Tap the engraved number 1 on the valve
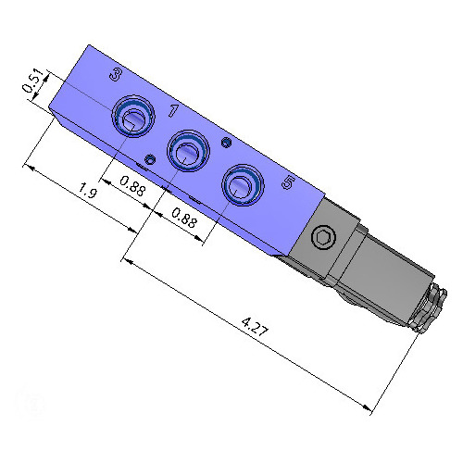click(x=172, y=112)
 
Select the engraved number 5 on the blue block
click(x=287, y=183)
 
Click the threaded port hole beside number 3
click(x=132, y=118)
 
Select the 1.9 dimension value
click(x=88, y=193)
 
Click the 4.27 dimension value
click(x=250, y=326)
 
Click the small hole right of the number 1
click(x=226, y=142)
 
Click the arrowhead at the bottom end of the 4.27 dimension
click(x=369, y=407)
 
